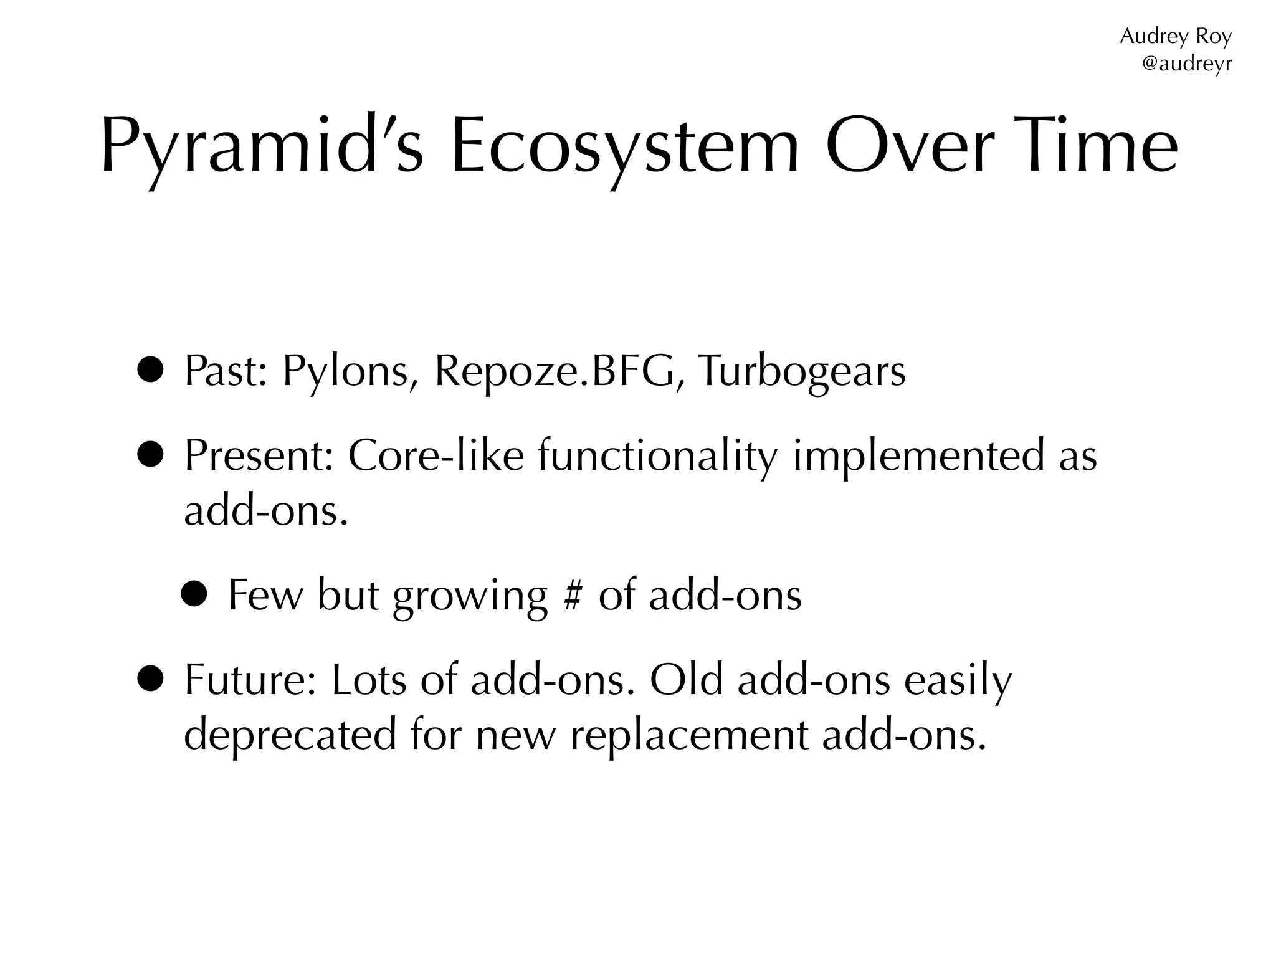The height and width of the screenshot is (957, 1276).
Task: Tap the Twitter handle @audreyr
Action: coord(1186,64)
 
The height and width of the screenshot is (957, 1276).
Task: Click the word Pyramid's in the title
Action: coord(262,147)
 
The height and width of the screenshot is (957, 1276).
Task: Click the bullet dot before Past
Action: coord(150,371)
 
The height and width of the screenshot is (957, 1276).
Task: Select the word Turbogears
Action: coord(801,371)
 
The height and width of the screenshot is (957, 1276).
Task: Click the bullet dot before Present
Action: coord(150,455)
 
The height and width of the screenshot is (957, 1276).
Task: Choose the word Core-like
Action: coord(436,455)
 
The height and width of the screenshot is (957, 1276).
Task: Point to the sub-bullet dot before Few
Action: coord(194,595)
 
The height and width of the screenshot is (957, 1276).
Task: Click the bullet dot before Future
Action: coord(150,680)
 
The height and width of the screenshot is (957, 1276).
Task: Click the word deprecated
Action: coord(290,735)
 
